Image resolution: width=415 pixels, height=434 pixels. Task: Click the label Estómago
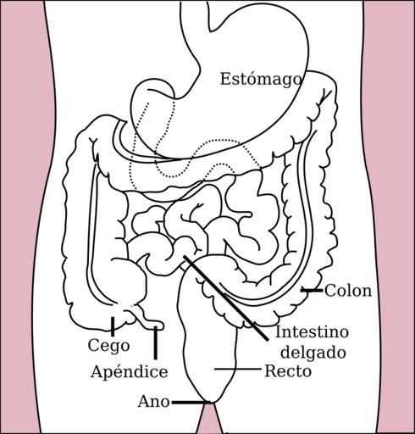pyautogui.click(x=261, y=80)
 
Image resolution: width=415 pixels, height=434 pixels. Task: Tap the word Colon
pyautogui.click(x=348, y=291)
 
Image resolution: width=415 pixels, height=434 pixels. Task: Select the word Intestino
pyautogui.click(x=312, y=331)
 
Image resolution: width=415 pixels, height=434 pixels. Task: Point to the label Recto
pyautogui.click(x=288, y=371)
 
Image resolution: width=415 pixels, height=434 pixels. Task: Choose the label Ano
pyautogui.click(x=154, y=401)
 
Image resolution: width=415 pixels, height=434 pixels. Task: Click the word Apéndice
pyautogui.click(x=130, y=372)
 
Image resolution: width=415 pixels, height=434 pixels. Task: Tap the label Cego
pyautogui.click(x=108, y=346)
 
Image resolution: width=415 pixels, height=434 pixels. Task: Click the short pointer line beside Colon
pyautogui.click(x=312, y=290)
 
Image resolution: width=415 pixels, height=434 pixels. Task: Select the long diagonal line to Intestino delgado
pyautogui.click(x=225, y=298)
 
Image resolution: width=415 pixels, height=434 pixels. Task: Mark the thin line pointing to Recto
pyautogui.click(x=238, y=369)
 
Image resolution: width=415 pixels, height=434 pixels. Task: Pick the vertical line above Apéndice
pyautogui.click(x=156, y=343)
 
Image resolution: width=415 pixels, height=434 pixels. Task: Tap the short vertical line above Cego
pyautogui.click(x=113, y=326)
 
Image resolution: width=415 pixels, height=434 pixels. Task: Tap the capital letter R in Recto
pyautogui.click(x=270, y=371)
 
